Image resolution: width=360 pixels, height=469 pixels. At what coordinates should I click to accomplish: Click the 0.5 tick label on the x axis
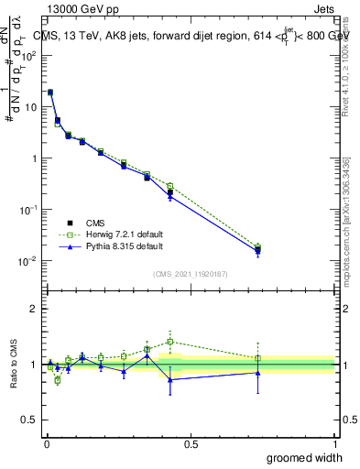pos(191,443)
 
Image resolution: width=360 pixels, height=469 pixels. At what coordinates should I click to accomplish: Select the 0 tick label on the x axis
pos(46,443)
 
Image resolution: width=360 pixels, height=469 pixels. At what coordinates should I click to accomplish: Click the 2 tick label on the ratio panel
pos(34,309)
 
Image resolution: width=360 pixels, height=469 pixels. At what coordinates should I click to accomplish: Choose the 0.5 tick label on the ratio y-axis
pos(28,420)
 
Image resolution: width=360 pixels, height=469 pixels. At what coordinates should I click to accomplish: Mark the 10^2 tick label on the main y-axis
pos(29,55)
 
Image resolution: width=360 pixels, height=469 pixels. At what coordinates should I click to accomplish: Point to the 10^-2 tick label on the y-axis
pos(29,261)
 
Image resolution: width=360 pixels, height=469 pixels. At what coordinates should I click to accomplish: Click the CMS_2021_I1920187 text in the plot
pos(191,274)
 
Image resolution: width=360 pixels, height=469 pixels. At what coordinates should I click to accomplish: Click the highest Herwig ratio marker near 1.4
pos(170,342)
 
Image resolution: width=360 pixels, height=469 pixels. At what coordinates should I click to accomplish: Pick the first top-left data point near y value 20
pos(50,93)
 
